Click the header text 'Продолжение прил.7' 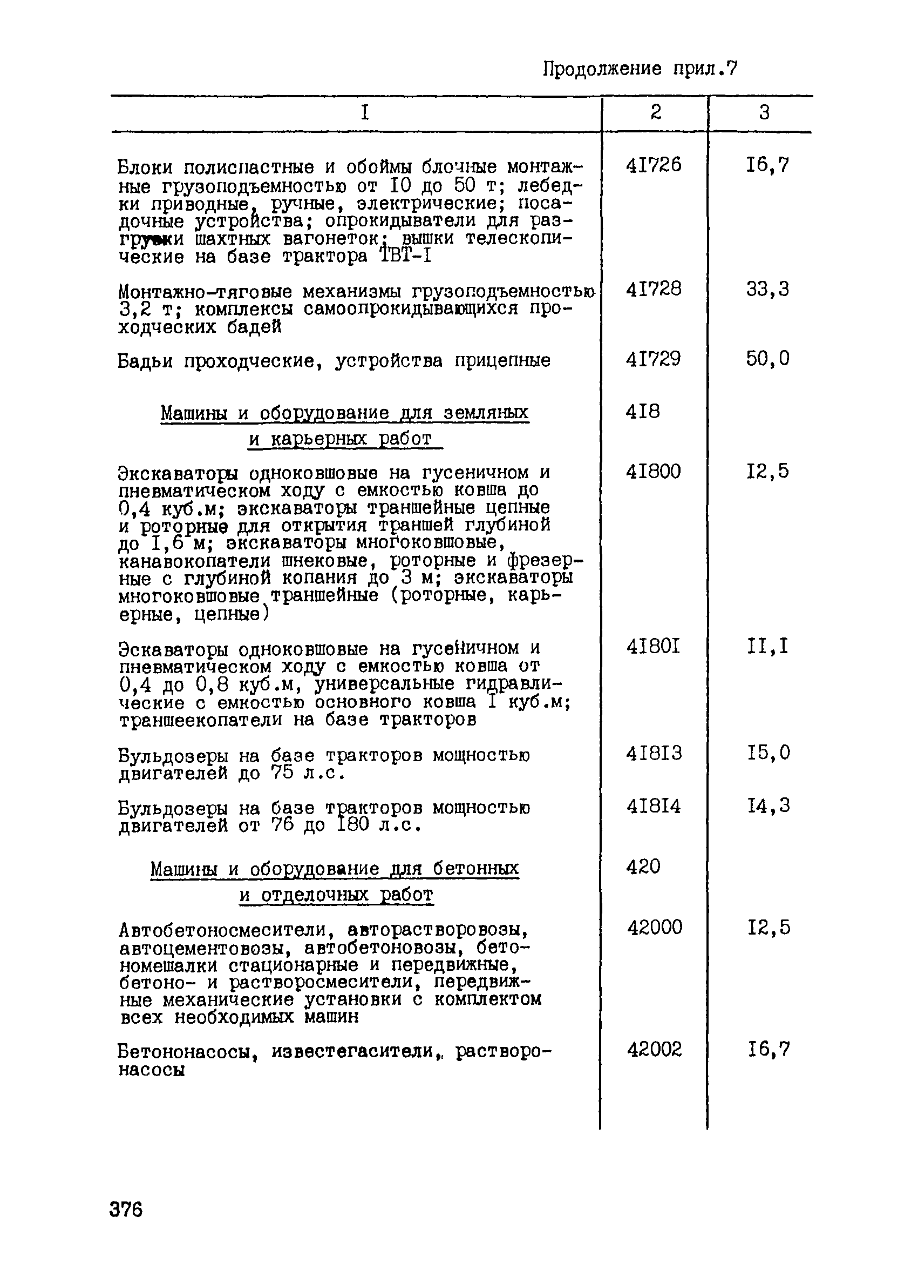pyautogui.click(x=640, y=69)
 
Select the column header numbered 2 pyautogui.click(x=656, y=112)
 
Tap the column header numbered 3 pyautogui.click(x=764, y=112)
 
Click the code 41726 pyautogui.click(x=653, y=165)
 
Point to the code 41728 pyautogui.click(x=653, y=289)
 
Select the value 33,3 pyautogui.click(x=768, y=289)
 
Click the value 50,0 pyautogui.click(x=768, y=358)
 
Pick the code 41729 pyautogui.click(x=653, y=358)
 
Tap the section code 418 pyautogui.click(x=643, y=412)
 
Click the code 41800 pyautogui.click(x=653, y=471)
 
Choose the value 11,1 pyautogui.click(x=768, y=647)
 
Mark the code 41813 pyautogui.click(x=654, y=753)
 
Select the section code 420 pyautogui.click(x=643, y=867)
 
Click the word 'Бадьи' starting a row pyautogui.click(x=145, y=361)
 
